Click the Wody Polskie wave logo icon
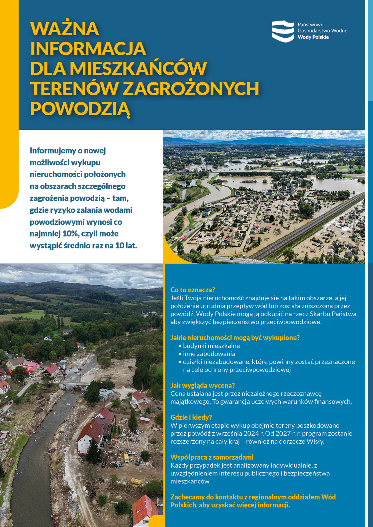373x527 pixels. (283, 31)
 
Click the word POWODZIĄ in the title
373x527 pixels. (80, 109)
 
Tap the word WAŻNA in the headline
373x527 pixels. (65, 29)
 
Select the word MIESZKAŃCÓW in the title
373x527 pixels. (138, 68)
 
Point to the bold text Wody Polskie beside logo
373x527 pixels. (313, 37)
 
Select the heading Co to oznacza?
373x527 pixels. (193, 290)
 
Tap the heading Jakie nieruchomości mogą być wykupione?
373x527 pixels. (235, 338)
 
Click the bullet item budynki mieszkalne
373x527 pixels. (211, 346)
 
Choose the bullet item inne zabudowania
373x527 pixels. (209, 354)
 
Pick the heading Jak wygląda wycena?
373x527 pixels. (203, 386)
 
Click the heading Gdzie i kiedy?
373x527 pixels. (191, 417)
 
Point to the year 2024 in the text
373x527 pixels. (251, 433)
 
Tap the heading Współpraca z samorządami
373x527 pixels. (212, 457)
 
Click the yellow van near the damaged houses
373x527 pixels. (126, 458)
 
